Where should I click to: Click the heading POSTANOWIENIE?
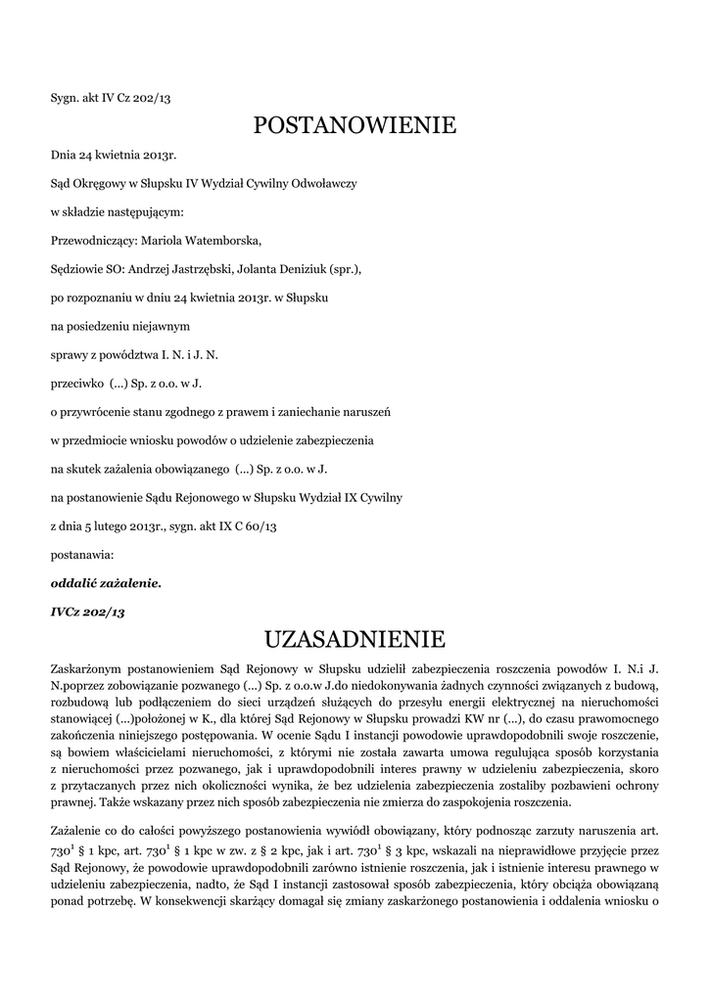click(355, 125)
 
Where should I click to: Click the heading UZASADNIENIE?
click(355, 640)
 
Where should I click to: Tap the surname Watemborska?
click(224, 239)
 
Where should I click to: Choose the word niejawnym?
click(160, 324)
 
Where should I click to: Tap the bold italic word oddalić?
click(73, 583)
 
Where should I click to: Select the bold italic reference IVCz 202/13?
click(88, 612)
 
